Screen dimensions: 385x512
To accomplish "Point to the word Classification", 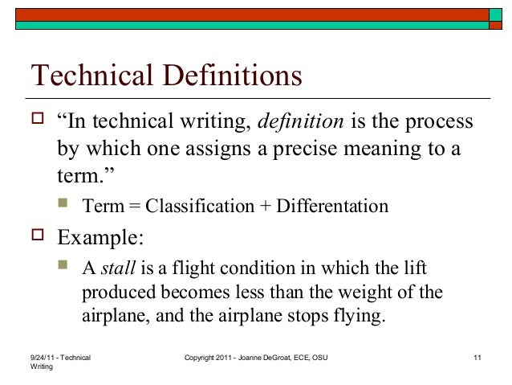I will (201, 206).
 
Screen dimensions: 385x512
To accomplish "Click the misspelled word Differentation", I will (333, 206).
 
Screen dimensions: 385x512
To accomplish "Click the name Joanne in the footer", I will (246, 356).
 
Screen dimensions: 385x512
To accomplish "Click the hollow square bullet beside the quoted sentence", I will (36, 122).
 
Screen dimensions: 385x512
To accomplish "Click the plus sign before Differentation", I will (266, 207).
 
